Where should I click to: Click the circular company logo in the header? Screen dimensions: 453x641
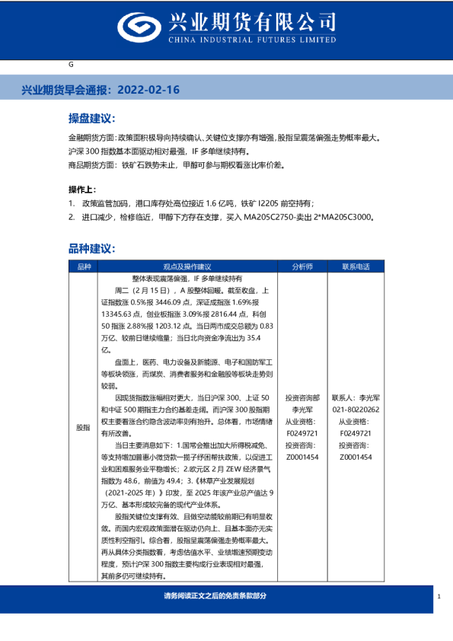tap(139, 28)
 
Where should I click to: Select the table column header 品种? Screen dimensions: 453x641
tap(83, 267)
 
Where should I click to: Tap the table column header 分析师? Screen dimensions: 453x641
tap(302, 267)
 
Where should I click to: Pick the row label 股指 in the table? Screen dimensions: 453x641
tap(83, 428)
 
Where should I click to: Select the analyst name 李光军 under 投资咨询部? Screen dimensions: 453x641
tap(302, 409)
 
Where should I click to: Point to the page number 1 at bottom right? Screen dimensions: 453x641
tap(439, 596)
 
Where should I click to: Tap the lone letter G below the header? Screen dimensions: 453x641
tap(71, 65)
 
